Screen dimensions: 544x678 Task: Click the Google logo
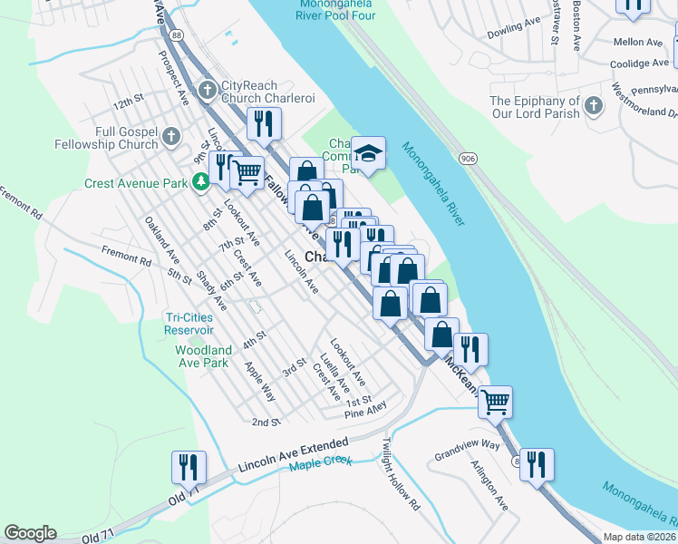click(x=30, y=533)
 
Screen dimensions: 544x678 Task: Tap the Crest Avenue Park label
click(x=136, y=182)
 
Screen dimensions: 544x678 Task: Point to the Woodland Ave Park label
click(x=202, y=356)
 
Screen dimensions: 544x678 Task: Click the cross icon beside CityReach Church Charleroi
click(x=208, y=89)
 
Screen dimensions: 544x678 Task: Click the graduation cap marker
click(x=368, y=152)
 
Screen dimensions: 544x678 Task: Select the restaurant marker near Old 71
click(x=189, y=467)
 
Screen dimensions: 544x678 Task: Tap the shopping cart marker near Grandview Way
click(x=495, y=401)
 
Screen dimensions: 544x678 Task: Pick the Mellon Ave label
click(x=640, y=42)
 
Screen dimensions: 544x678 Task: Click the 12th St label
click(x=129, y=97)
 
